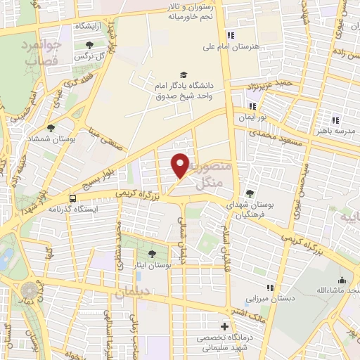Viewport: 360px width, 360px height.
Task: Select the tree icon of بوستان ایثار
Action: point(153,253)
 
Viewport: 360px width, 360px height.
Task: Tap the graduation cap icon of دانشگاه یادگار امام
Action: point(184,75)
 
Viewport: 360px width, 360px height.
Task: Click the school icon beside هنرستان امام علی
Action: point(229,35)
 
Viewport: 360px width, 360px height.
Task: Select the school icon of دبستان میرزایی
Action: point(270,287)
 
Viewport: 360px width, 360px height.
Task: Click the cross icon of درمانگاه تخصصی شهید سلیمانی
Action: point(224,326)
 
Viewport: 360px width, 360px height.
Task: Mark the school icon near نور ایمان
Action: point(252,106)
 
